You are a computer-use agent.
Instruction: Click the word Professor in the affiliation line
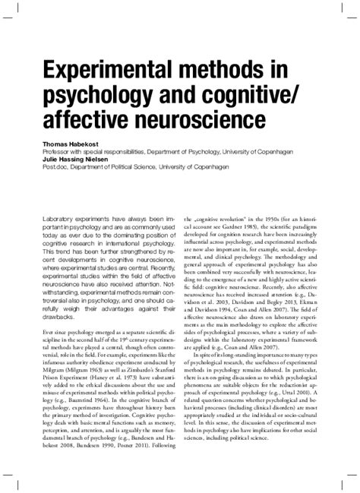(61, 150)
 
